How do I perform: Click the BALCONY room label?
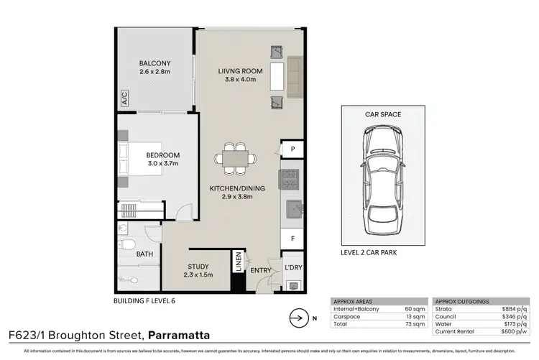pyautogui.click(x=154, y=63)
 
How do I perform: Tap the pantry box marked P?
pyautogui.click(x=292, y=149)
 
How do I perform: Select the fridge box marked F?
pyautogui.click(x=292, y=237)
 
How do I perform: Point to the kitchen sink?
pyautogui.click(x=292, y=210)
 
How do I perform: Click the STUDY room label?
pyautogui.click(x=198, y=266)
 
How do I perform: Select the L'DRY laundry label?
pyautogui.click(x=292, y=267)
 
